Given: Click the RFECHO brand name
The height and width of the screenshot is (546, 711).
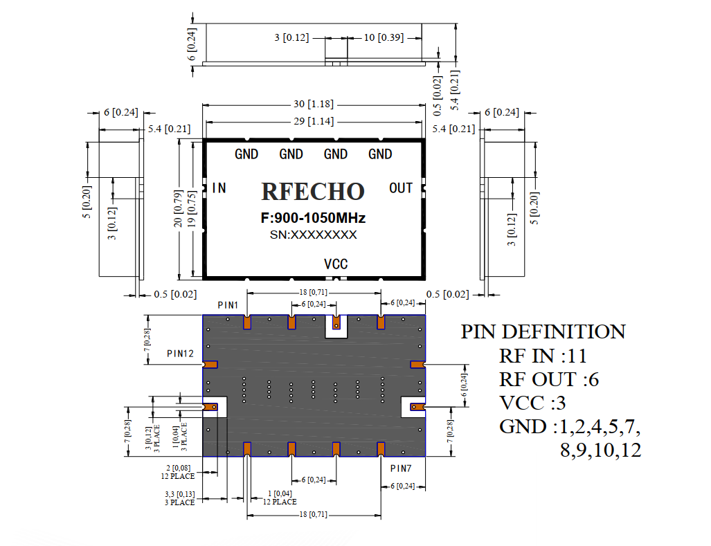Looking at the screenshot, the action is pyautogui.click(x=313, y=191).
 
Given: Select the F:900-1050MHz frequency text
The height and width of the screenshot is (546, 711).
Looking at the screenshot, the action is pyautogui.click(x=313, y=218).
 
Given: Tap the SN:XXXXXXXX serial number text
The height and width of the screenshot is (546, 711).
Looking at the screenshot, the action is pyautogui.click(x=314, y=235).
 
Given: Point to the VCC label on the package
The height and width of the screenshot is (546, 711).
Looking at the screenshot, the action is pyautogui.click(x=336, y=264).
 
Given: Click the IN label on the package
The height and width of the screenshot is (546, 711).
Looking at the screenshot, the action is pyautogui.click(x=219, y=188).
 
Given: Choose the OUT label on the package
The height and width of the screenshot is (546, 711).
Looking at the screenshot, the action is pyautogui.click(x=401, y=188).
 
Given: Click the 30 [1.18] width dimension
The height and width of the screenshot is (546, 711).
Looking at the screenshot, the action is pyautogui.click(x=314, y=104).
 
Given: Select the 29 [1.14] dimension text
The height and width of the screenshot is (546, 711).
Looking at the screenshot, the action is pyautogui.click(x=314, y=121).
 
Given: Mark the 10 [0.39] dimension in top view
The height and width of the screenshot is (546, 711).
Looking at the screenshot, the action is pyautogui.click(x=384, y=37).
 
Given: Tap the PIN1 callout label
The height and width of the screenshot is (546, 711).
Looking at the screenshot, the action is pyautogui.click(x=228, y=305).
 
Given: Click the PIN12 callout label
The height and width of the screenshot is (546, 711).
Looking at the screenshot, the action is pyautogui.click(x=180, y=354).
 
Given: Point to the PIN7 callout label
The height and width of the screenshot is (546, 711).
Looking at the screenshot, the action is pyautogui.click(x=401, y=468).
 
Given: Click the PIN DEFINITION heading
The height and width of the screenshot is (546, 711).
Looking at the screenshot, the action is pyautogui.click(x=543, y=331).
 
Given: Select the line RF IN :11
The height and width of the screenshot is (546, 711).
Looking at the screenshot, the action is pyautogui.click(x=543, y=356).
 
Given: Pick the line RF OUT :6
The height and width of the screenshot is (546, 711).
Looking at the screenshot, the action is pyautogui.click(x=549, y=380).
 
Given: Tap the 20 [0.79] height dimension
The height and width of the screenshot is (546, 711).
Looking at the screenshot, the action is pyautogui.click(x=178, y=209).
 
